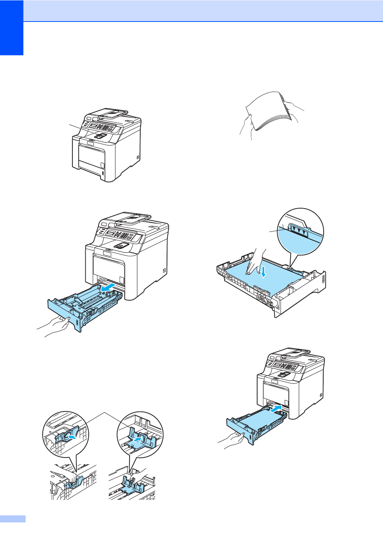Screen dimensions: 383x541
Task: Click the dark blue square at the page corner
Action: [12, 27]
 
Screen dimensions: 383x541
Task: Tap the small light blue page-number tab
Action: [13, 519]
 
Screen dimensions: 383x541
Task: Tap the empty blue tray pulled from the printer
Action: [85, 304]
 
